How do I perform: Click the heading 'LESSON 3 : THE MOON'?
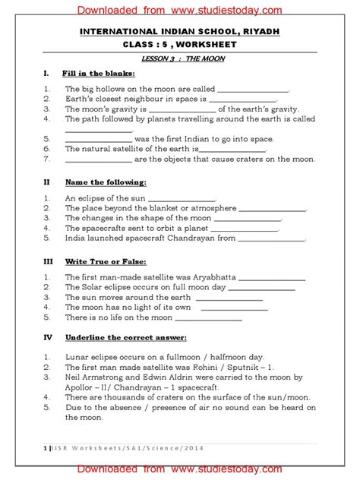pyautogui.click(x=180, y=58)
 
